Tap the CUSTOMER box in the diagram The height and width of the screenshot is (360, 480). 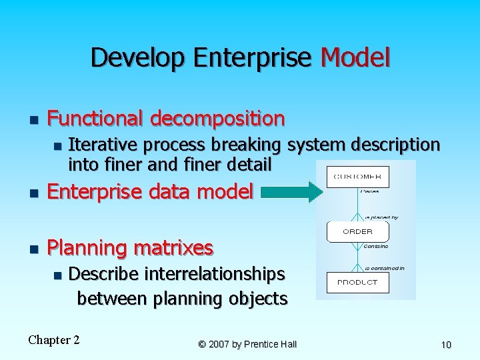point(358,177)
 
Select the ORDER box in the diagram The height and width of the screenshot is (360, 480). point(358,231)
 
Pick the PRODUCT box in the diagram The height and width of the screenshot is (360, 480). point(358,282)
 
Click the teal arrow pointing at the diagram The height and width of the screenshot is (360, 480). point(292,193)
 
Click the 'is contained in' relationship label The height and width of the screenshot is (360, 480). point(385,268)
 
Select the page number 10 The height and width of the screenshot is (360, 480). point(446,344)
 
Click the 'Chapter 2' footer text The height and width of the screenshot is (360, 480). point(54,340)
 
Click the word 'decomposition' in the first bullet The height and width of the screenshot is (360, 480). point(217,119)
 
